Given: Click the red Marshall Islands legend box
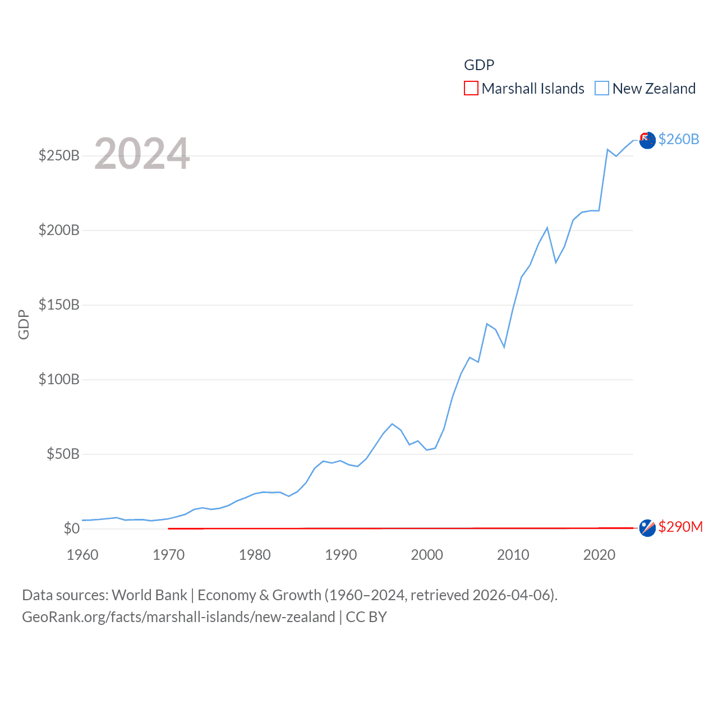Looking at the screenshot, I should tap(471, 89).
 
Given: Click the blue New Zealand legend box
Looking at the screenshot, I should tap(602, 89).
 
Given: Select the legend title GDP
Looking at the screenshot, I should tap(479, 65).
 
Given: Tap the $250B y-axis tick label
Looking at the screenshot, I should tap(59, 155).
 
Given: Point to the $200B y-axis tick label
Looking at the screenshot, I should tap(59, 230).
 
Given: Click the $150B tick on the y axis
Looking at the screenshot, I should tap(59, 305).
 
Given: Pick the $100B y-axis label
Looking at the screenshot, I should tap(59, 379).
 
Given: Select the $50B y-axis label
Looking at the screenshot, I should tap(63, 454).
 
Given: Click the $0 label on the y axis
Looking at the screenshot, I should tap(72, 528).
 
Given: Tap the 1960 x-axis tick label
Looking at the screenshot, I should tap(82, 555).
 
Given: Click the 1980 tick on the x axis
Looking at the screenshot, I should tap(255, 555).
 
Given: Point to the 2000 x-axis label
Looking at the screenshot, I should tap(427, 555).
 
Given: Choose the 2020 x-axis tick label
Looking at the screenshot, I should tap(599, 555).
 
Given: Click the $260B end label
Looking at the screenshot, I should tap(679, 139).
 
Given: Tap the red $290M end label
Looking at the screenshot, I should tap(680, 527).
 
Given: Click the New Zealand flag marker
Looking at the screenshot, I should tap(647, 140).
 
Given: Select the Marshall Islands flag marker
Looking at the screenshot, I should tap(647, 528).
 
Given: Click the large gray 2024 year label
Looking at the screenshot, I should tap(142, 154).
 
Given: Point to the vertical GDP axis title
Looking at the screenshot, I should tap(24, 324).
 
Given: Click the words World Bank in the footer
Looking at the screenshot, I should tap(149, 595).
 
